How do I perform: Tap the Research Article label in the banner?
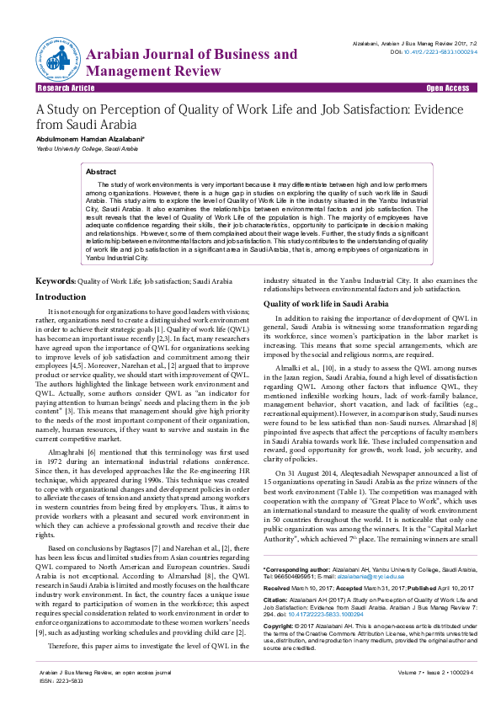tap(66, 88)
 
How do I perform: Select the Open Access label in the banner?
tap(447, 88)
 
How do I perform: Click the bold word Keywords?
tap(55, 280)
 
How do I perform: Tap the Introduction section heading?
tap(60, 297)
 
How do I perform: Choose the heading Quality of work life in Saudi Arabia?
tap(326, 303)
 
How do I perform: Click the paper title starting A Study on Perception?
tap(244, 116)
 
